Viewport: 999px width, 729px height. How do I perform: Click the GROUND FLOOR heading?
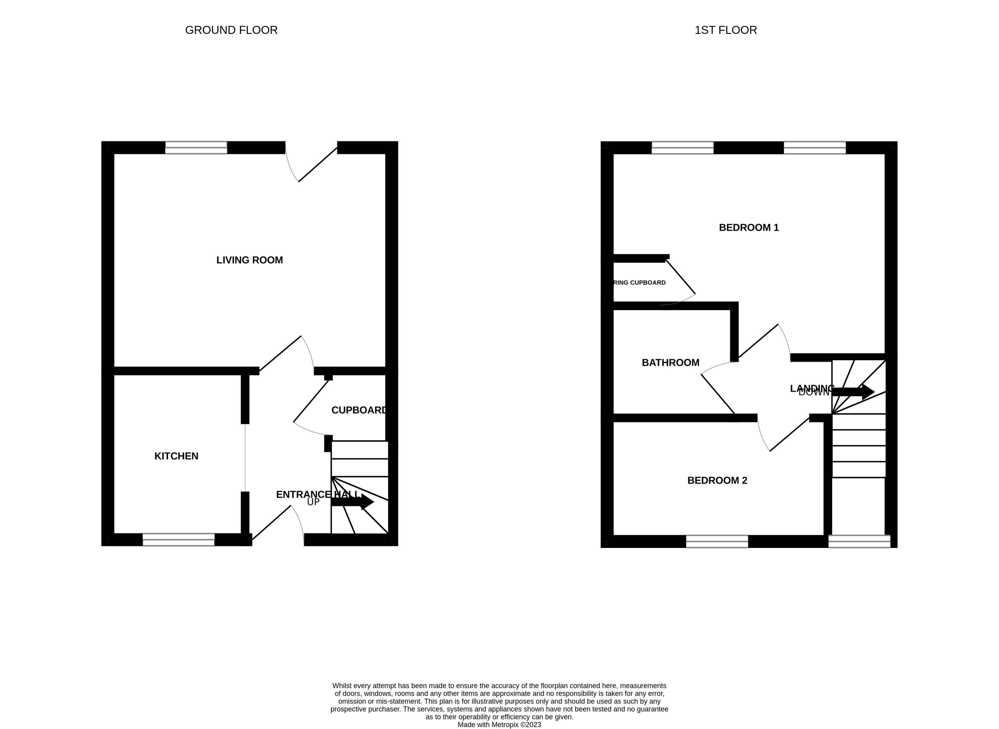[231, 30]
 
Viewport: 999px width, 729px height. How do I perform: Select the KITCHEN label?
[176, 456]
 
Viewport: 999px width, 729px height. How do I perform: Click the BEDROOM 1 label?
[749, 228]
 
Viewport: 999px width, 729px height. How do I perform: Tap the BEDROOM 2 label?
[717, 481]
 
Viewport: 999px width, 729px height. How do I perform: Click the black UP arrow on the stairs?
[353, 502]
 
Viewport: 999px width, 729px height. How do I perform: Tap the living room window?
[196, 147]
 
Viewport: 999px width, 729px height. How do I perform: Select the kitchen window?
[178, 540]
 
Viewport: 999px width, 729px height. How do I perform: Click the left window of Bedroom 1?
[682, 147]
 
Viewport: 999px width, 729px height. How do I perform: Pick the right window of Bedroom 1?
[814, 147]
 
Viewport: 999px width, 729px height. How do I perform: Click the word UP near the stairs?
[313, 502]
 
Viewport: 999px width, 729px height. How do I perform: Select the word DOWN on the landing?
[814, 392]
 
